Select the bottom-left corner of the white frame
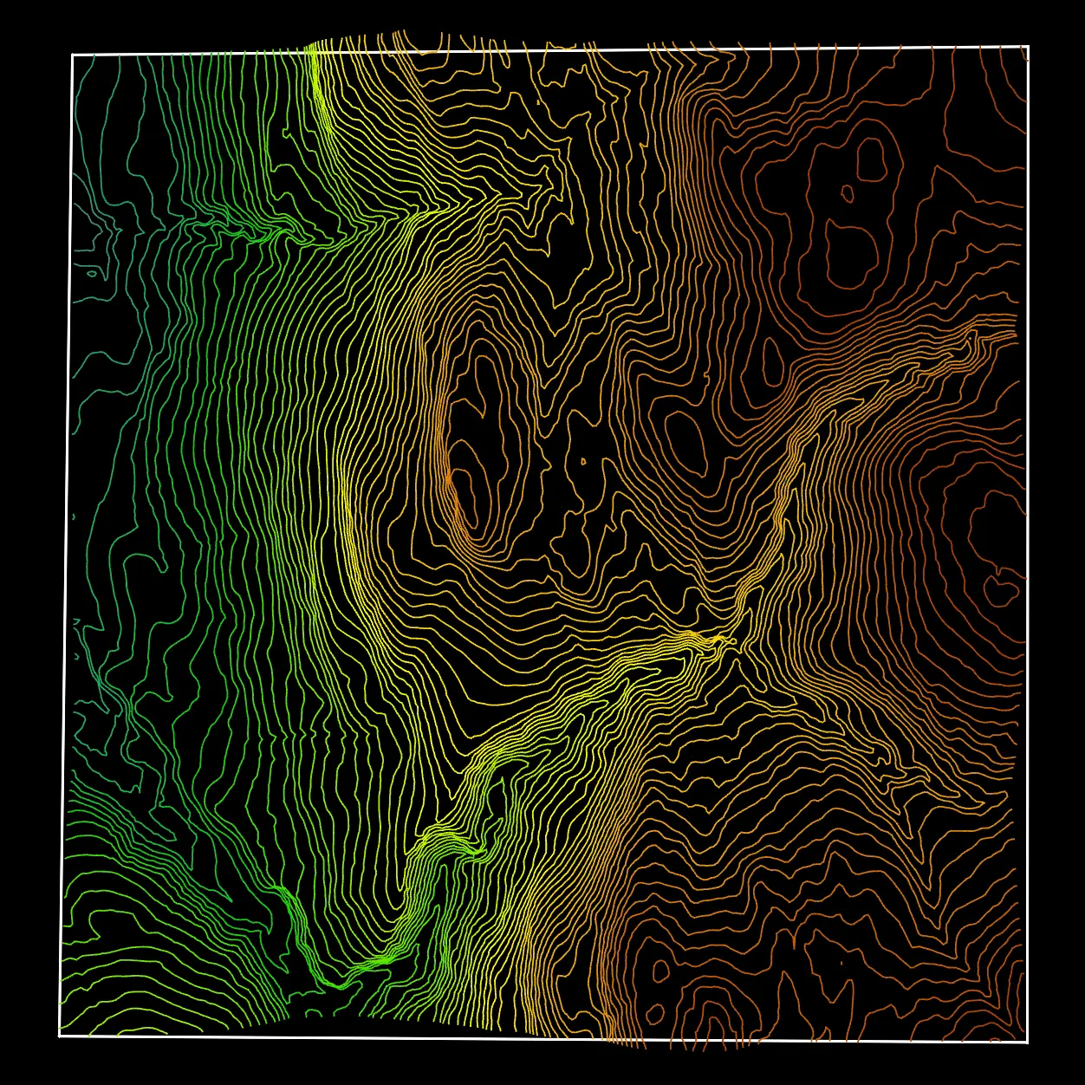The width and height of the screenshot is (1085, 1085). coord(60,1035)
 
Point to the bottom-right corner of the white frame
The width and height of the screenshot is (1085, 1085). coord(1027,1041)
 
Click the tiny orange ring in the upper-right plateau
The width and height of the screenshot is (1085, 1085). coord(847,193)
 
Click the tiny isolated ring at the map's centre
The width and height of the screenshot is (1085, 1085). coord(583,461)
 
